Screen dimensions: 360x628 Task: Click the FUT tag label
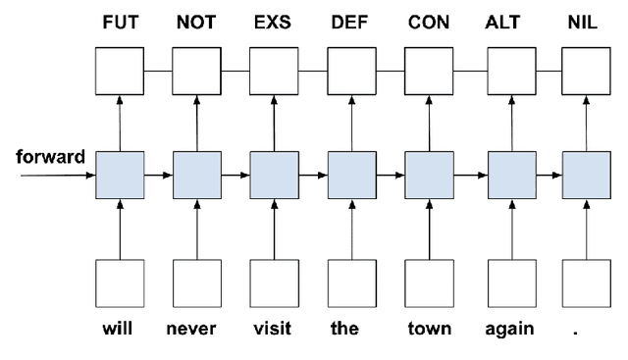119,23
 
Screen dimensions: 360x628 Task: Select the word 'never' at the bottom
196,330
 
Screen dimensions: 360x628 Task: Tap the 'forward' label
49,156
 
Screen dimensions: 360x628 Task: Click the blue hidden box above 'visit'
274,176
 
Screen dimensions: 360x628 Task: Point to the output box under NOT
196,71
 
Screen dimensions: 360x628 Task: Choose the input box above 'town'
429,284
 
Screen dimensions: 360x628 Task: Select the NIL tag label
585,23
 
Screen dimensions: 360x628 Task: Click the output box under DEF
351,71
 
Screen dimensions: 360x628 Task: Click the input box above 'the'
351,284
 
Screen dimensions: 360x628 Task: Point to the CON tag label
429,23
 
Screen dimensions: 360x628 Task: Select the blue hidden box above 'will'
120,176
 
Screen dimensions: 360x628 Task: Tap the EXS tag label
273,23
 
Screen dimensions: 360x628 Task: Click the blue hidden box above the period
585,176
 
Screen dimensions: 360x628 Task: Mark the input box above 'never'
196,284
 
